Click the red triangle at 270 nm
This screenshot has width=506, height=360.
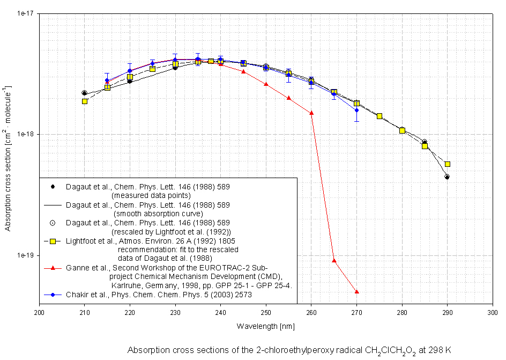tap(357, 291)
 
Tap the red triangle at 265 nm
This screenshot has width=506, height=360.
tap(334, 260)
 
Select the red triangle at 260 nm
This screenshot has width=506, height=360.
tap(311, 113)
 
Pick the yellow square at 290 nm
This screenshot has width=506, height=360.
tap(448, 164)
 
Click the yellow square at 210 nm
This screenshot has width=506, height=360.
tap(85, 101)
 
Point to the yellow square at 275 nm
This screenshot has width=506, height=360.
tap(379, 116)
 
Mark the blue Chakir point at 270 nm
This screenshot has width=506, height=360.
tap(357, 111)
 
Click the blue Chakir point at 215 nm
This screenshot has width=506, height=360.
tap(107, 80)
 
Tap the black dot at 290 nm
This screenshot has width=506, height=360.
tap(447, 177)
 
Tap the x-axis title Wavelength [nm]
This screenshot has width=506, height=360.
tap(265, 326)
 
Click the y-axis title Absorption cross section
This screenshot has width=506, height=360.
tap(8, 158)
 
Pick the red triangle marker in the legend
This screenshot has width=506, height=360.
tap(53, 267)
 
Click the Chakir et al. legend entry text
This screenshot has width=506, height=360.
tap(159, 294)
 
